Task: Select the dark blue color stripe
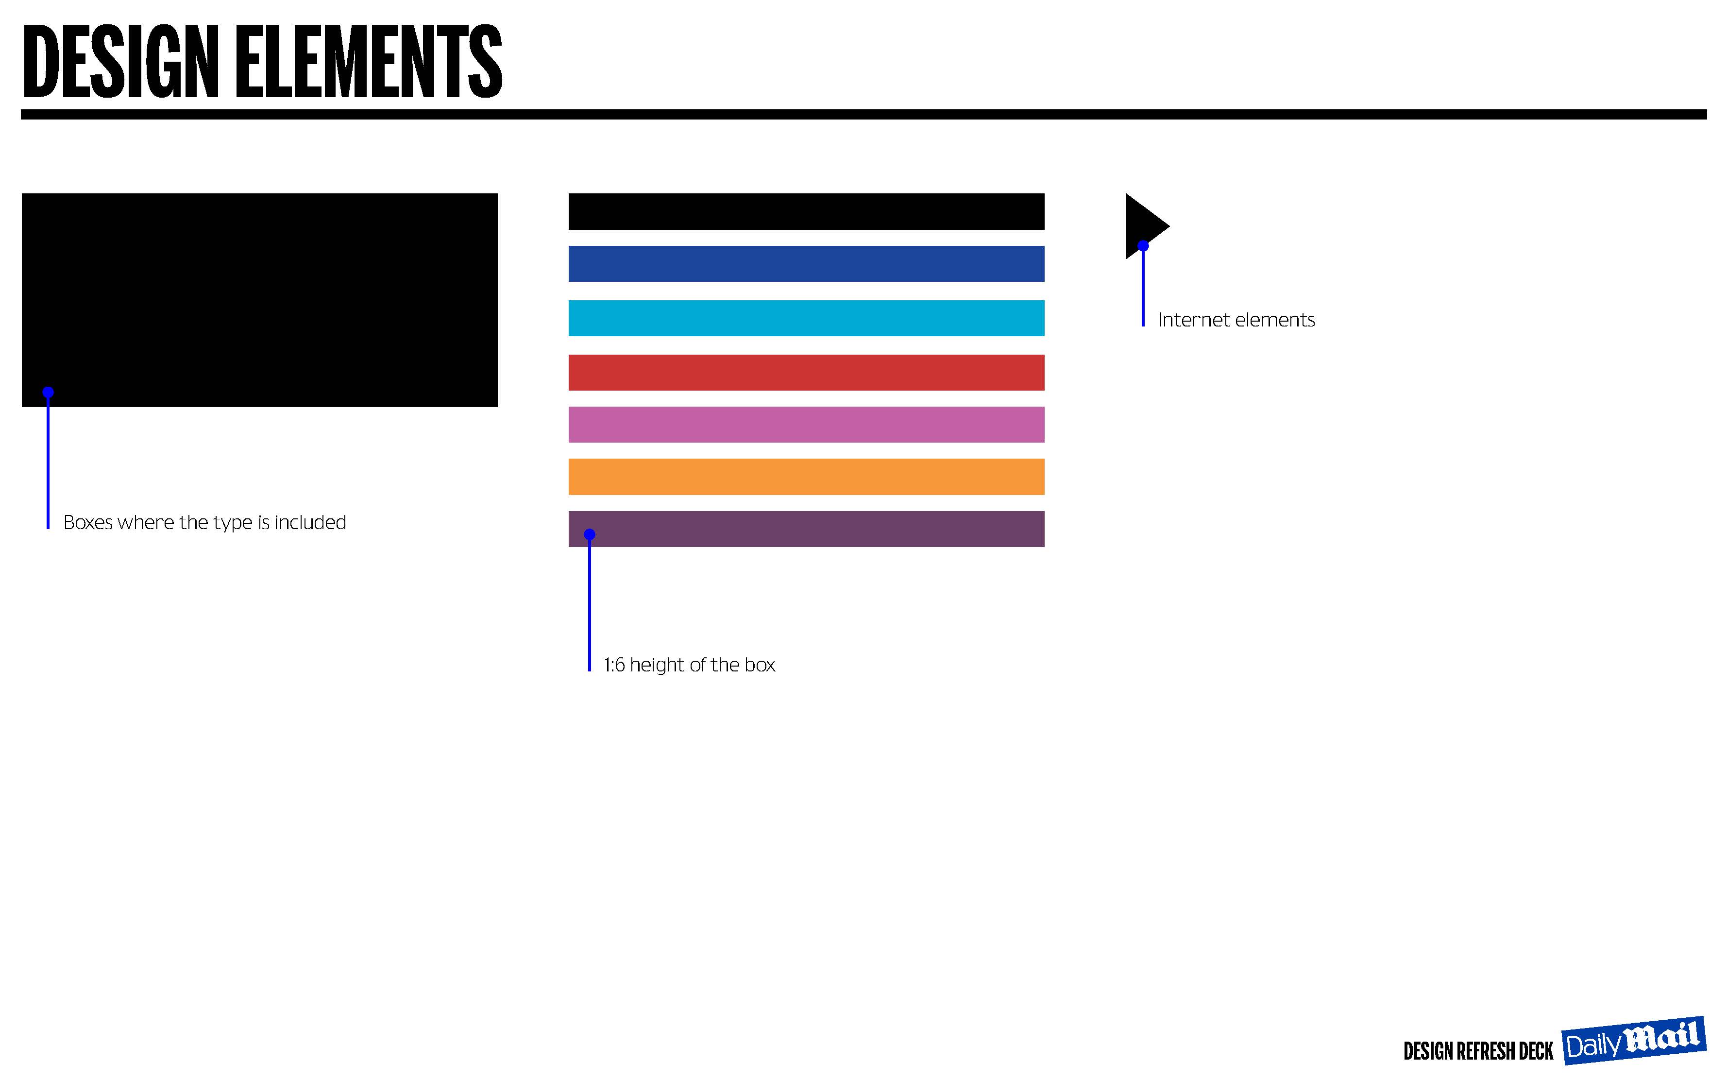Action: tap(806, 264)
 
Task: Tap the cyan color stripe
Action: tap(806, 318)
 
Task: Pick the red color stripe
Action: tap(806, 372)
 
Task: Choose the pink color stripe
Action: tap(806, 424)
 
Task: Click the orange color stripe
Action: tap(806, 477)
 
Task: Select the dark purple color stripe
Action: tap(806, 529)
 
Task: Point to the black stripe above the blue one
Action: tap(806, 211)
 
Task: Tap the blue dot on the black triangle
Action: tap(1143, 246)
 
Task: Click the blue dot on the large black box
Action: tap(48, 392)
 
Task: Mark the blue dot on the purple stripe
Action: tap(589, 534)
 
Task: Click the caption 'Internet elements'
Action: tap(1236, 320)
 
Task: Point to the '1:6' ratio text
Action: tap(614, 665)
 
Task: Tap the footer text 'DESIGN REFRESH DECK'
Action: tap(1478, 1051)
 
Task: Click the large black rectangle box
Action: tap(259, 300)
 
